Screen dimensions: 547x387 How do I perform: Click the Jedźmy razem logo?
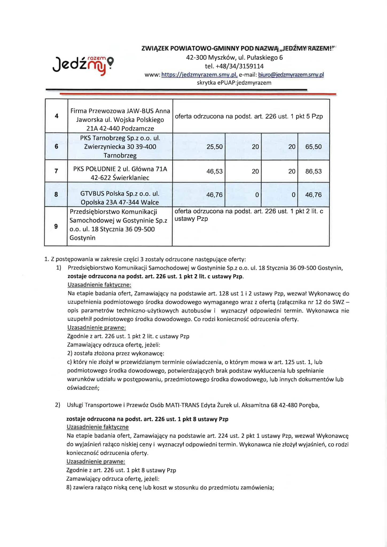pos(83,65)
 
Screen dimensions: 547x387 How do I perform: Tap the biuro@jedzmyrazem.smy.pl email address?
pos(291,75)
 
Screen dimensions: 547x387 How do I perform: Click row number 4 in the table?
pos(56,116)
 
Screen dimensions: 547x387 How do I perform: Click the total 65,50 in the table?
pos(313,147)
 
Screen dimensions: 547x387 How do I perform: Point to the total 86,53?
pos(313,171)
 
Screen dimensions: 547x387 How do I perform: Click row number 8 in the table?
pos(56,194)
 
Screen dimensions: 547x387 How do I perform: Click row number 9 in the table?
pos(56,226)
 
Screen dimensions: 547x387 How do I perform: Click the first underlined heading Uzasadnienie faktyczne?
pos(99,285)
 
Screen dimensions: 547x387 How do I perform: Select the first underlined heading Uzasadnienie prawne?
pos(96,327)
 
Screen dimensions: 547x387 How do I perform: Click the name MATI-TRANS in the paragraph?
pos(182,405)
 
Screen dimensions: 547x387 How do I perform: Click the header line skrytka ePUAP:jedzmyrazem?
pos(234,83)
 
